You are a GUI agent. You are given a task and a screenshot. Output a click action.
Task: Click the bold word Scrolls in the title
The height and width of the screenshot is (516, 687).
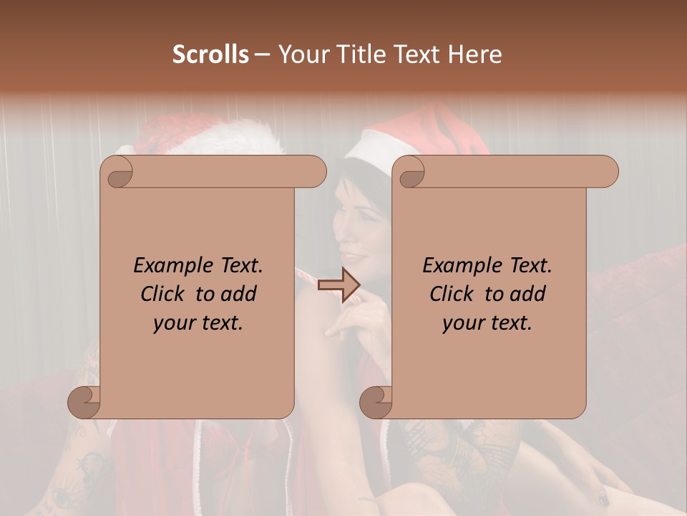pos(210,54)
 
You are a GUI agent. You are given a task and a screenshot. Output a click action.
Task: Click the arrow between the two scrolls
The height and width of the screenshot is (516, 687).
pos(339,285)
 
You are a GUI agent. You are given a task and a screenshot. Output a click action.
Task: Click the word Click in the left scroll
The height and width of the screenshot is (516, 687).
pos(165,294)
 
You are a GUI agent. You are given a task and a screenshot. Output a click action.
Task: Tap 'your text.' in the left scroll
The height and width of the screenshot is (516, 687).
pos(198,322)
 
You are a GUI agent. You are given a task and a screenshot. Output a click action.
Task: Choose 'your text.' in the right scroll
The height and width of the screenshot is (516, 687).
pos(487,322)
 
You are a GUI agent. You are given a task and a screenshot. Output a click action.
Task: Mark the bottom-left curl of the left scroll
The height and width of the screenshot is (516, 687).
pos(84,402)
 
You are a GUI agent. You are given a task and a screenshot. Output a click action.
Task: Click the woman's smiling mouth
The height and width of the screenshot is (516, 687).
pos(352,256)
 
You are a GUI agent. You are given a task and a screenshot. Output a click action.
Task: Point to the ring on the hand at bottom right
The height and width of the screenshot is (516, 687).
pos(603,497)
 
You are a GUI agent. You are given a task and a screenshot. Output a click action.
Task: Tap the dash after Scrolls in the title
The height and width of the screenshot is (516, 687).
pos(262,54)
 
